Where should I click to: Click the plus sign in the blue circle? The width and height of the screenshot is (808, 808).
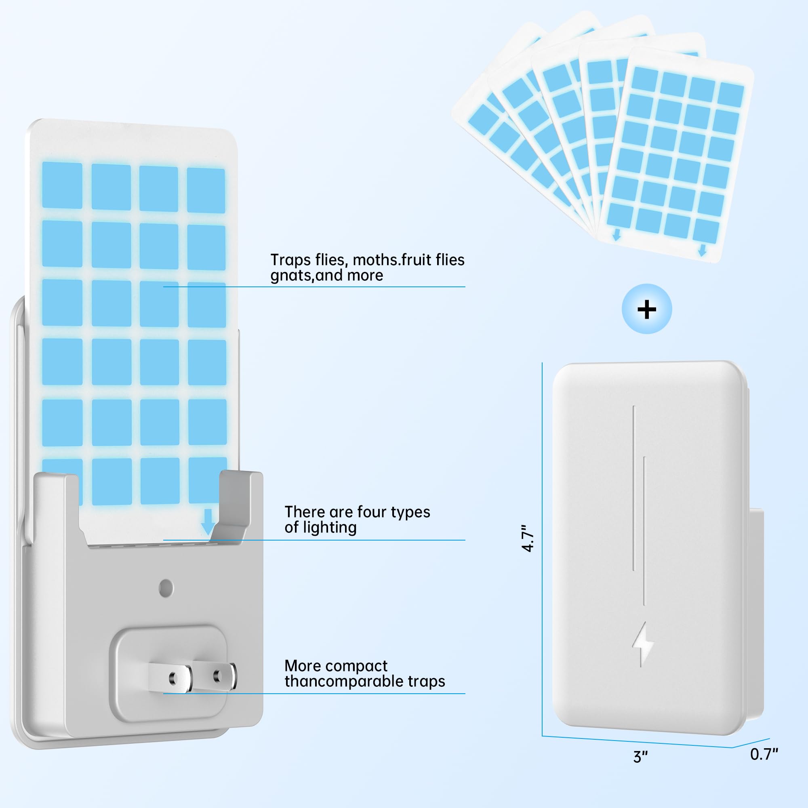646,309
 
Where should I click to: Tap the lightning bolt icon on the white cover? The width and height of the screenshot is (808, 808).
643,644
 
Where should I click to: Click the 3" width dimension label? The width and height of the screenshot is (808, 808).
640,757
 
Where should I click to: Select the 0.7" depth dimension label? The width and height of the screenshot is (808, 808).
764,754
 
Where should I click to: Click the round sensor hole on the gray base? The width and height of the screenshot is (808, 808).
166,588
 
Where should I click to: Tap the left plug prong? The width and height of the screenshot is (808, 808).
170,678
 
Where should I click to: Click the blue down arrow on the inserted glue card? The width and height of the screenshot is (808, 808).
208,522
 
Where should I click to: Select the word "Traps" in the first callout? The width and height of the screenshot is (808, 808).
290,260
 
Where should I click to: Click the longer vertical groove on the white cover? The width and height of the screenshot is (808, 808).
634,488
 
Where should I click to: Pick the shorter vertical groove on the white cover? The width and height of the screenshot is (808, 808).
644,531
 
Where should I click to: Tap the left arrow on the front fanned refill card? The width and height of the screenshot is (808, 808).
617,235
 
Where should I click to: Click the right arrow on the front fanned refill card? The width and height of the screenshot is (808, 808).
702,250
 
